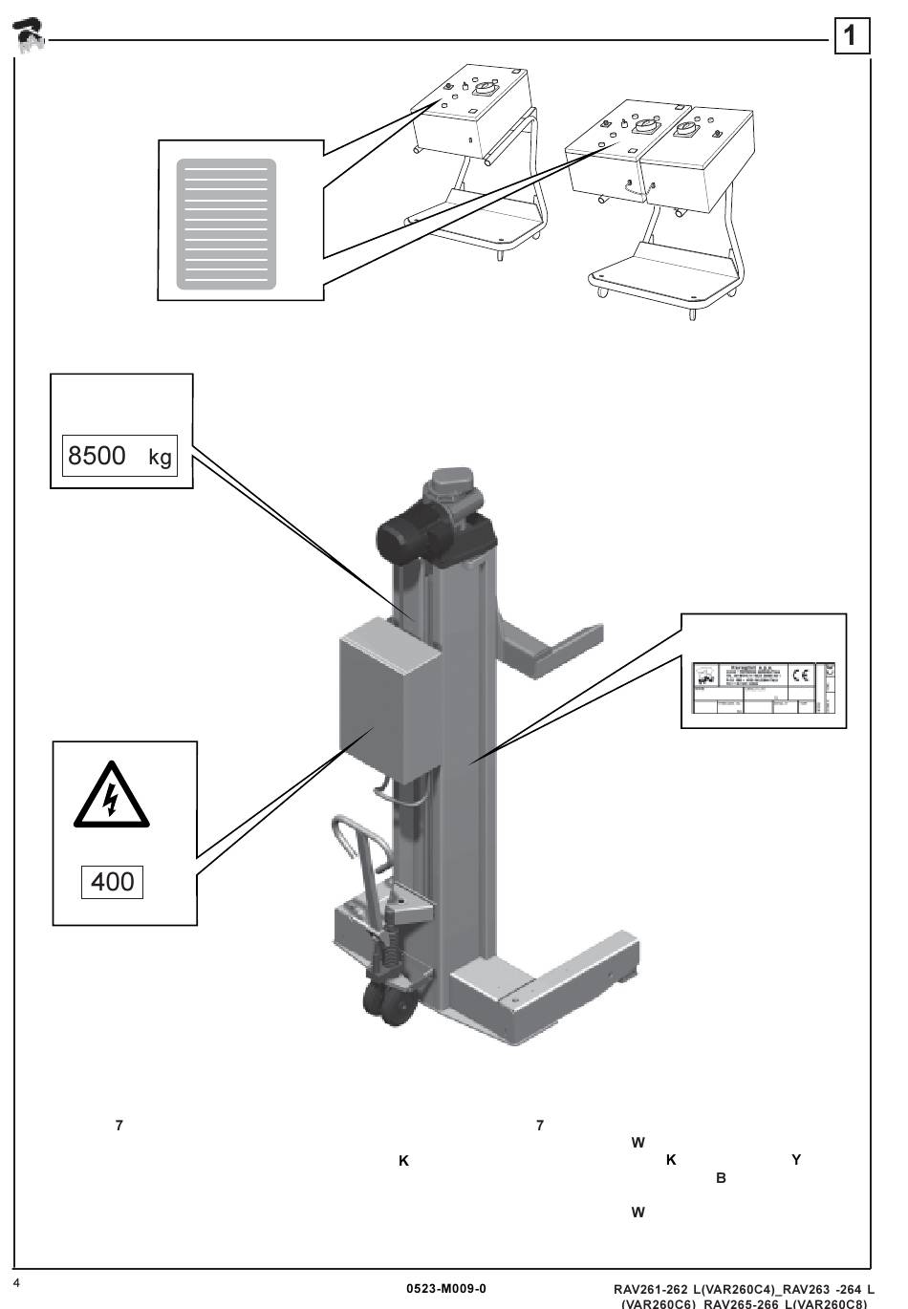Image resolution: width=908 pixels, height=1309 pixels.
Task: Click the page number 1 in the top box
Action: click(851, 36)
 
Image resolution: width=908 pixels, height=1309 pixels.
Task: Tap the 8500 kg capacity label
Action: click(120, 456)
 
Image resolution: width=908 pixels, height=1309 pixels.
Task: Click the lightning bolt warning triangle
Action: click(112, 796)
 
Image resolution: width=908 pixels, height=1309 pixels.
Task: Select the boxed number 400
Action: click(112, 881)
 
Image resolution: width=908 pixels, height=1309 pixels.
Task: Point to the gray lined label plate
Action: click(227, 224)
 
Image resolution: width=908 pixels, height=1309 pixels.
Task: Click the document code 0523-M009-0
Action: click(446, 1288)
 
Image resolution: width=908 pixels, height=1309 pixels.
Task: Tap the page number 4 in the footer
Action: click(16, 1281)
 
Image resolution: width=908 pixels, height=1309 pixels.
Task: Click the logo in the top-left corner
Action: click(30, 35)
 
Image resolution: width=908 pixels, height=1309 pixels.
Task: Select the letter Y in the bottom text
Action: click(796, 1160)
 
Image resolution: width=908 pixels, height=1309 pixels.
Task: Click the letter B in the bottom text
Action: click(721, 1178)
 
